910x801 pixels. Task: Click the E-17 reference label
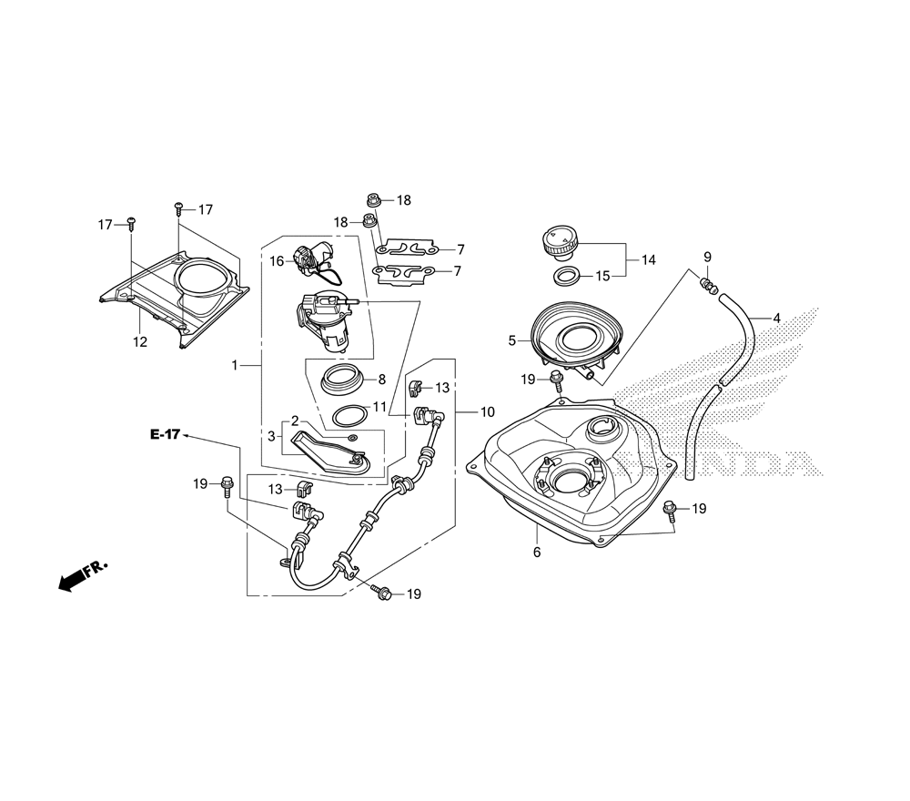pyautogui.click(x=166, y=435)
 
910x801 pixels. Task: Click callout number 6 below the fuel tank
pyautogui.click(x=537, y=553)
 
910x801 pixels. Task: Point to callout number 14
pyautogui.click(x=648, y=259)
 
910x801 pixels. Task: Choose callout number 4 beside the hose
pyautogui.click(x=776, y=319)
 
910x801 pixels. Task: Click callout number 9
pyautogui.click(x=707, y=258)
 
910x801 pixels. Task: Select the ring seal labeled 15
pyautogui.click(x=566, y=276)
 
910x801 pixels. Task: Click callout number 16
pyautogui.click(x=277, y=260)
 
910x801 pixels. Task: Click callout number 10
pyautogui.click(x=487, y=411)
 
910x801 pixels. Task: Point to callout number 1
pyautogui.click(x=234, y=365)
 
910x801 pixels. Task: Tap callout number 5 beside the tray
pyautogui.click(x=512, y=340)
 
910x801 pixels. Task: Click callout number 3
pyautogui.click(x=272, y=437)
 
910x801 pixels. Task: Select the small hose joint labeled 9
pyautogui.click(x=708, y=286)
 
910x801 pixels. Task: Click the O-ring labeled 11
pyautogui.click(x=346, y=417)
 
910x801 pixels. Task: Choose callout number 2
pyautogui.click(x=294, y=421)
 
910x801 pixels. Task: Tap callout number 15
pyautogui.click(x=602, y=276)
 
